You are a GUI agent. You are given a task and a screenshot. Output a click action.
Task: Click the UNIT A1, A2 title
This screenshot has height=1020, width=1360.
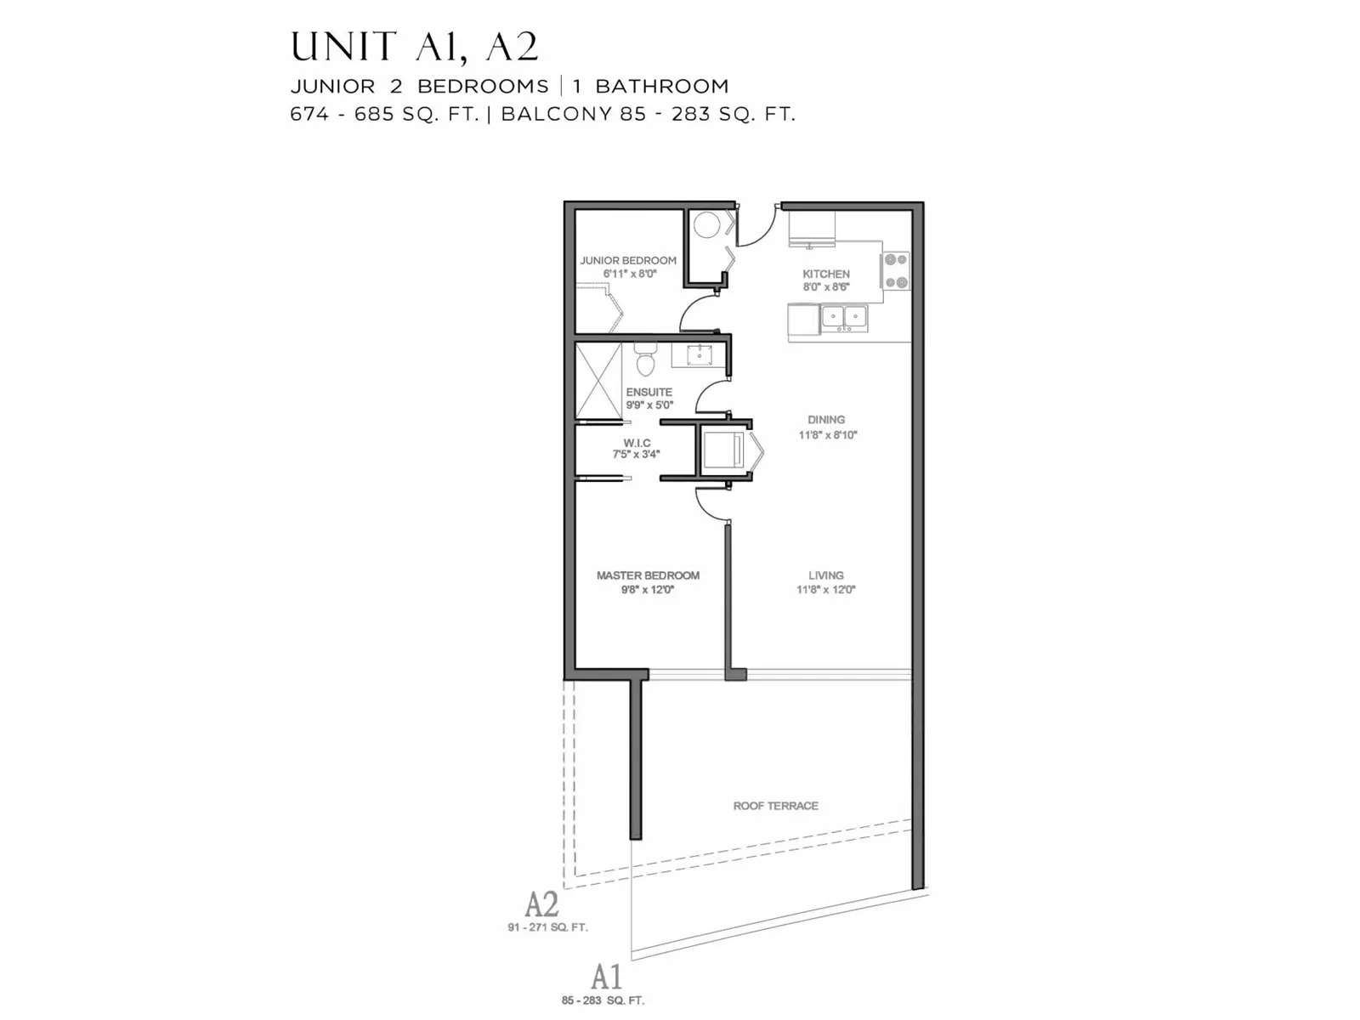(x=415, y=47)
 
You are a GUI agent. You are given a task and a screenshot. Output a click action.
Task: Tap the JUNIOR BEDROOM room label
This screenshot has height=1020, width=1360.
(x=627, y=261)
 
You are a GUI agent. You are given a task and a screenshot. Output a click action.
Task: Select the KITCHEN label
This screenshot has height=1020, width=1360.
(x=826, y=274)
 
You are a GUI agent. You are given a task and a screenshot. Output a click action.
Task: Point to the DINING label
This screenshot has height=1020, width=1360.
(x=826, y=420)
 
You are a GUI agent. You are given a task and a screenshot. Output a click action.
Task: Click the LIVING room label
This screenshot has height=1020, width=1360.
(x=826, y=575)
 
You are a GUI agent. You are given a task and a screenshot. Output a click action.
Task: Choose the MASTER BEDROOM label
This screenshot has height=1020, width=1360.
(x=648, y=575)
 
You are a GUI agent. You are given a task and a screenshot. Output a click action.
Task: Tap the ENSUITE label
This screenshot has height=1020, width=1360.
(x=649, y=392)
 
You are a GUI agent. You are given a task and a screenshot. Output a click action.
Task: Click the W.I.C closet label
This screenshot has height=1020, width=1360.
(x=637, y=443)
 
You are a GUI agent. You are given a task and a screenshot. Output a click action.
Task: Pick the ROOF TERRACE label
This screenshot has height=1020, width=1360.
(x=776, y=806)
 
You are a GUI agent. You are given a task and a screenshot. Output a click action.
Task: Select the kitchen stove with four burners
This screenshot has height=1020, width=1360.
(x=895, y=270)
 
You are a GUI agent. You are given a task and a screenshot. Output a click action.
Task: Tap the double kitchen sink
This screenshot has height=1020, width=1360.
(x=844, y=318)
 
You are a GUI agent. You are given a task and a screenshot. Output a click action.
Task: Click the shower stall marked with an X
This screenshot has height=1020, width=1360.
(x=598, y=381)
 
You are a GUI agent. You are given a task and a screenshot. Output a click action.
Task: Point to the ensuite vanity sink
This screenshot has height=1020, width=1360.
(x=700, y=355)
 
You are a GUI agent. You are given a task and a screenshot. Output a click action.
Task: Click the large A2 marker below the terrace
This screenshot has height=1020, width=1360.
(x=541, y=904)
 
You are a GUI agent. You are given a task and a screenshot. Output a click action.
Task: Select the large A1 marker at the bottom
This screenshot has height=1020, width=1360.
(x=607, y=977)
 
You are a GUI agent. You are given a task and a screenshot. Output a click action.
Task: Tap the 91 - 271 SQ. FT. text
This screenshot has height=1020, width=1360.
(x=547, y=927)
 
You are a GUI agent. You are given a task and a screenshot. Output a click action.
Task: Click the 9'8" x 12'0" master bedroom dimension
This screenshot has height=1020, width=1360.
(x=648, y=590)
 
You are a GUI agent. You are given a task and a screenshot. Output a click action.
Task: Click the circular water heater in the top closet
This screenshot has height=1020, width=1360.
(x=705, y=224)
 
